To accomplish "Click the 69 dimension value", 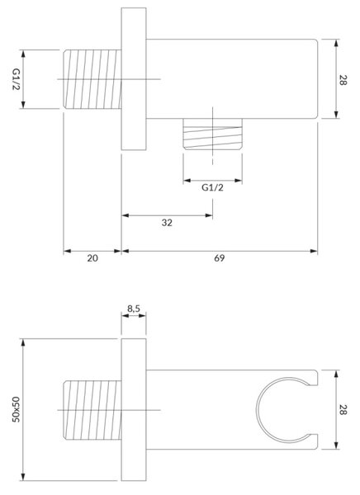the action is coord(220,258).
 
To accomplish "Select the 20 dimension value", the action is coord(92,258).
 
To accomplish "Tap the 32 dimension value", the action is coord(167,223).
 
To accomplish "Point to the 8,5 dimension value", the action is coord(134,309).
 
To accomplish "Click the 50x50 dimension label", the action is coord(17,409).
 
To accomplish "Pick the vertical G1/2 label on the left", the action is coord(17,79).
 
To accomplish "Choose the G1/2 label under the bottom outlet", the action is coord(212,187).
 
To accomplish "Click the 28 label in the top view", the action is coord(343,79).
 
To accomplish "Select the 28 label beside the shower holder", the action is coord(343,410).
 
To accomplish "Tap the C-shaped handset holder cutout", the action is coord(258,410).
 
